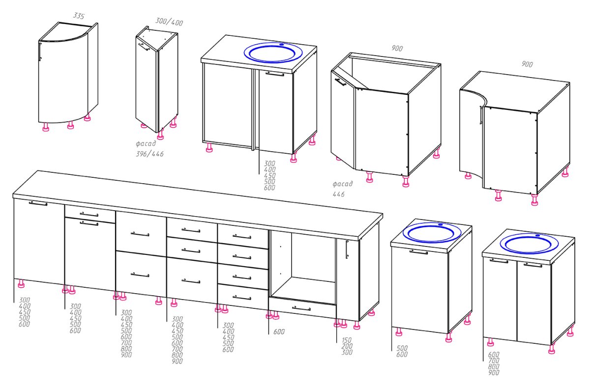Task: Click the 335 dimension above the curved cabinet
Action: [x=79, y=16]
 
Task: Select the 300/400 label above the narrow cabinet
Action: [x=169, y=22]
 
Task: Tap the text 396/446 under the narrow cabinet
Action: [x=149, y=154]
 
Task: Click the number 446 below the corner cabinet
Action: [x=338, y=194]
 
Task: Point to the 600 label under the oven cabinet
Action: [x=279, y=332]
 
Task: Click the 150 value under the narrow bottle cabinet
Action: [x=347, y=340]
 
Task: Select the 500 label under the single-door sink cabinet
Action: [x=402, y=348]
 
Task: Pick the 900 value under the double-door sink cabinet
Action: [x=494, y=372]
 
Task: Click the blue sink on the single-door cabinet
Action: [x=432, y=233]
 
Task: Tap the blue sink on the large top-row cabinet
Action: [x=273, y=53]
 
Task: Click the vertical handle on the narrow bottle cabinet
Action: [x=347, y=249]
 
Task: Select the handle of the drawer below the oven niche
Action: [x=301, y=308]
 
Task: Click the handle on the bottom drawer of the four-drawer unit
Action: [x=242, y=297]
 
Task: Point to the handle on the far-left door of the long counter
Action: [x=38, y=203]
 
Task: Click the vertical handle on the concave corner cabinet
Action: [x=481, y=115]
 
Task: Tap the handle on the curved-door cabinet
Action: [x=40, y=52]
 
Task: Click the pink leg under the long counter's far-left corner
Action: [x=21, y=283]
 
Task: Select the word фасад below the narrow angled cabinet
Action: [x=146, y=143]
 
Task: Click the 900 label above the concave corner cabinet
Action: [x=527, y=64]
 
